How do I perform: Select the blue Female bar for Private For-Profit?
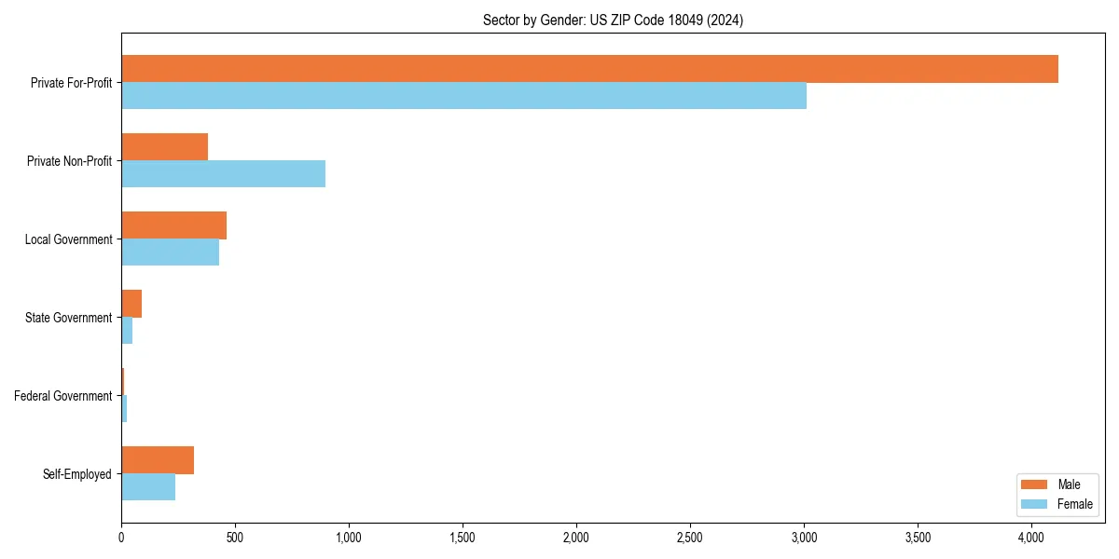click(463, 96)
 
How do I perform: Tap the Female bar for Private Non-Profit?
click(223, 174)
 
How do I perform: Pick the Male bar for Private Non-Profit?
click(164, 147)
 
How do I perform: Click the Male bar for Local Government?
click(173, 225)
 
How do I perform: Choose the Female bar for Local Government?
click(170, 252)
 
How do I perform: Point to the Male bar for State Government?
click(131, 304)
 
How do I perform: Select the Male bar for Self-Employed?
click(158, 460)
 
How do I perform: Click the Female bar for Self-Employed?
click(148, 487)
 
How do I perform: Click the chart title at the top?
click(613, 20)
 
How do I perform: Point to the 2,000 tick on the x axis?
click(576, 538)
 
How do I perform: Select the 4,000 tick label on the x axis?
click(1031, 538)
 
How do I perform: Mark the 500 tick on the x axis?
click(235, 538)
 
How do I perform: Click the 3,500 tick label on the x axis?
click(918, 538)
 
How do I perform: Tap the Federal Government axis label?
click(62, 396)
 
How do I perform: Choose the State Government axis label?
click(68, 318)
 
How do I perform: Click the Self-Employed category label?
click(76, 474)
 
